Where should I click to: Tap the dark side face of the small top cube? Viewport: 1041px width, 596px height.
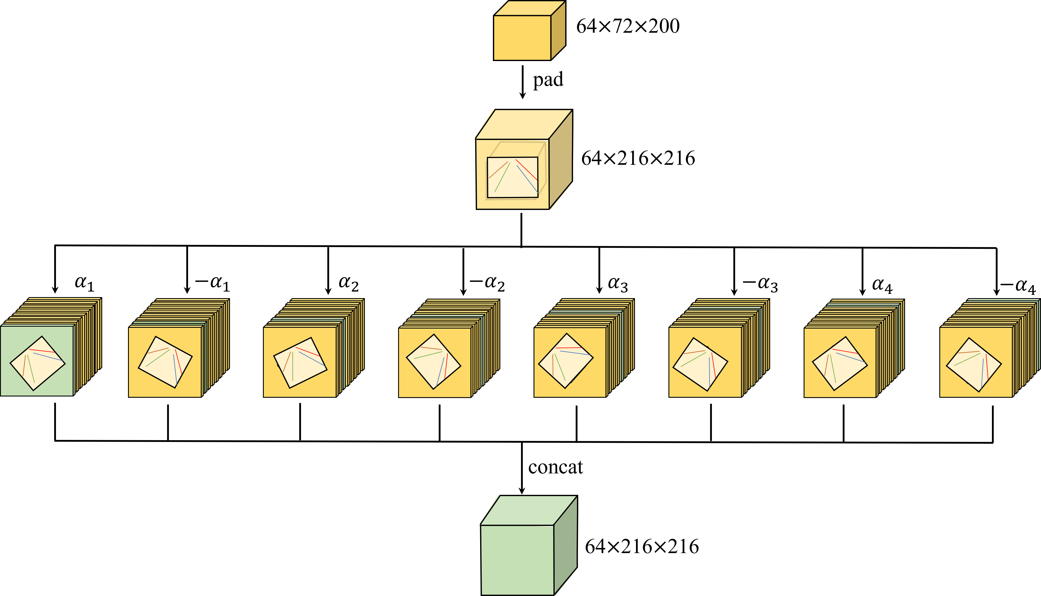558,31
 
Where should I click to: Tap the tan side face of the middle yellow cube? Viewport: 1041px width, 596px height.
560,160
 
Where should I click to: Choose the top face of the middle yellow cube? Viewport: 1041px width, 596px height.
524,124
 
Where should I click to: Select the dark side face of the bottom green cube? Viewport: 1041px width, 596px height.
565,544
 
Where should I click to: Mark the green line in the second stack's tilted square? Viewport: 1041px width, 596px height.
158,358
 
